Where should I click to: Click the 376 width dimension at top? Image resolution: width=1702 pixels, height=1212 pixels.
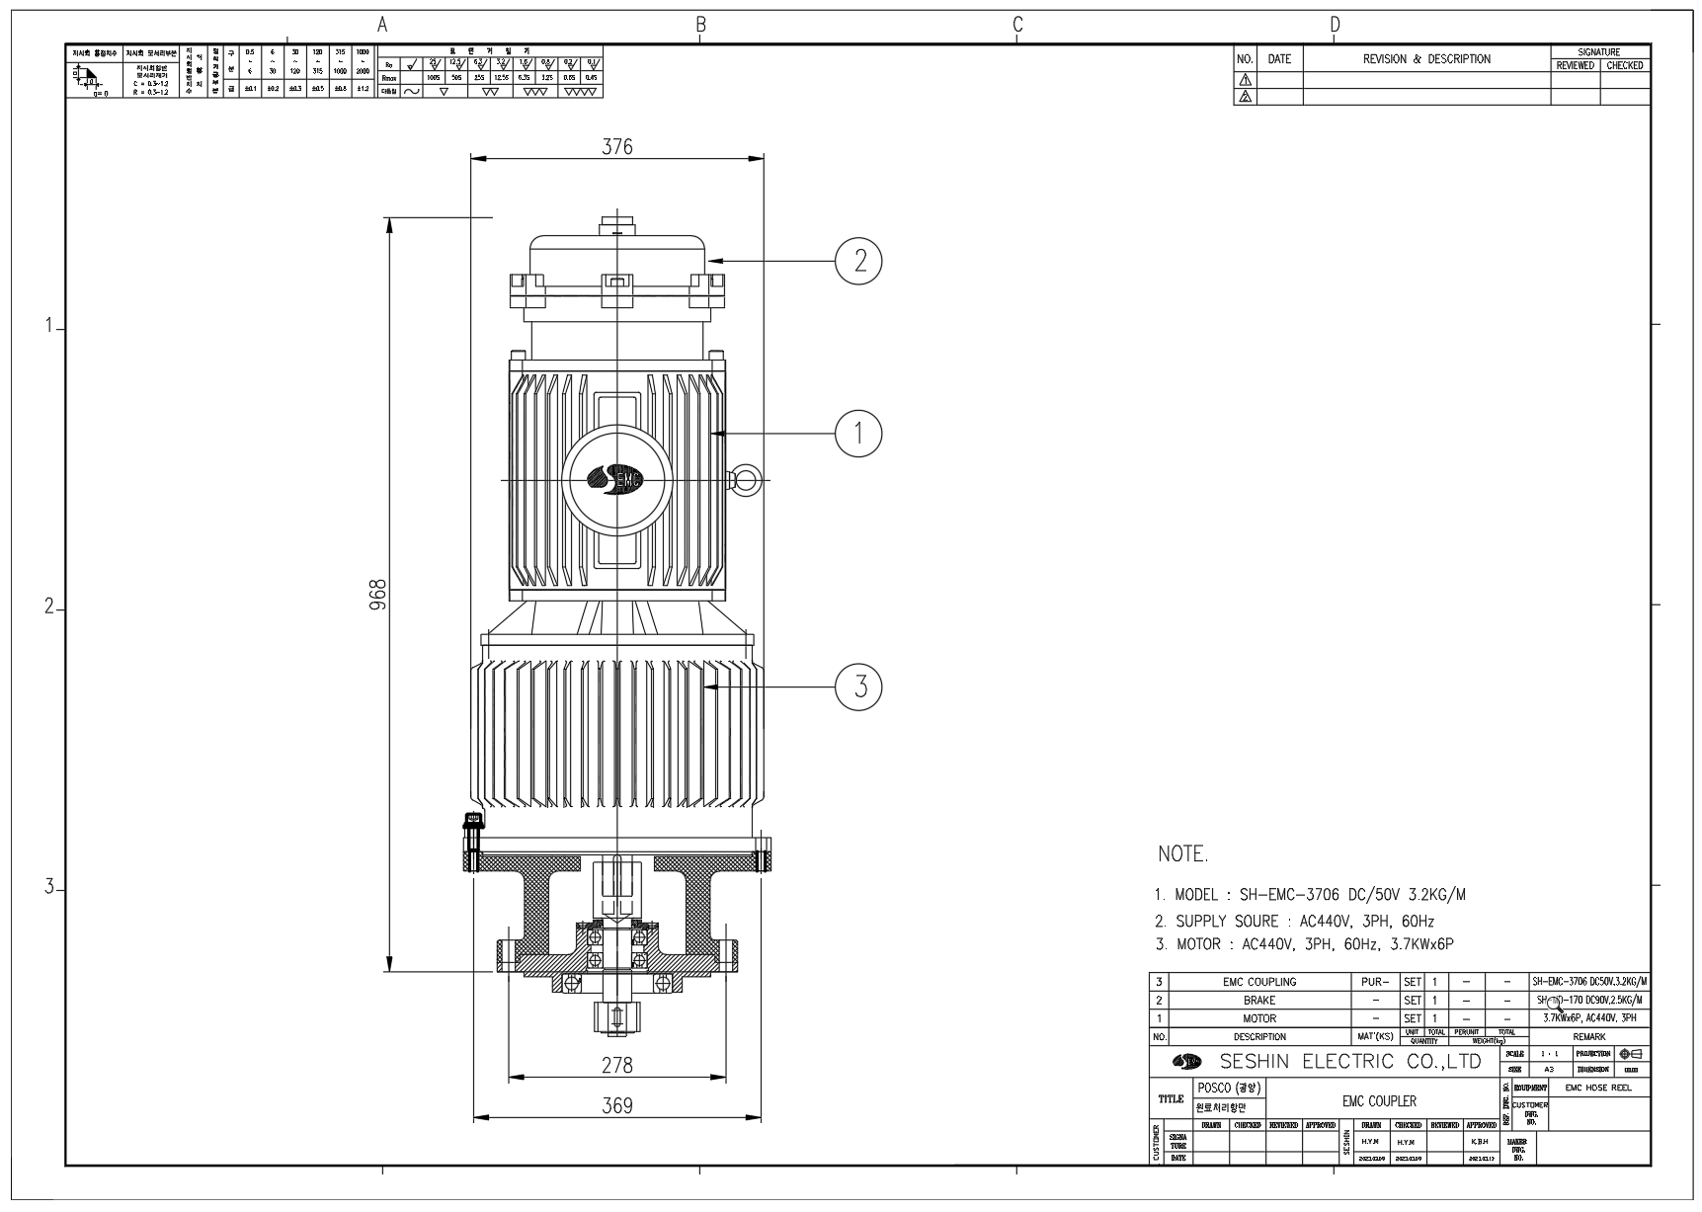tap(617, 146)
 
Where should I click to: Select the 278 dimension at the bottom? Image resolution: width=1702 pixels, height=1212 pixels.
tap(617, 1066)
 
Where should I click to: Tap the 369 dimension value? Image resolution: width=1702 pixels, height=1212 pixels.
tap(617, 1106)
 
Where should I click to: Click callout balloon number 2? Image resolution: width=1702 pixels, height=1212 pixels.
tap(858, 261)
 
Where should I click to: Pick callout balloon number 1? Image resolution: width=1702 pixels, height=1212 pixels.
tap(858, 433)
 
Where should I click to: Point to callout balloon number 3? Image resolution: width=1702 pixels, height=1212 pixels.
tap(858, 686)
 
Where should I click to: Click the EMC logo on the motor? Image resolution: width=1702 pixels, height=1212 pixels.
tap(615, 479)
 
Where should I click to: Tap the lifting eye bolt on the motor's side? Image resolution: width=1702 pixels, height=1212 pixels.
tap(744, 480)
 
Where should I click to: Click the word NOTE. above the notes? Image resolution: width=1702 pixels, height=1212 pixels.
tap(1182, 854)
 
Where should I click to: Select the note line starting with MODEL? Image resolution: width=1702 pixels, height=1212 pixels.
tap(1310, 895)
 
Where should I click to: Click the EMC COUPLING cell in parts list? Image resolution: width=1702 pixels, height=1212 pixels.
tap(1258, 982)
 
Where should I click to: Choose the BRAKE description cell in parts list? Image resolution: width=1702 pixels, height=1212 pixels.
tap(1258, 1000)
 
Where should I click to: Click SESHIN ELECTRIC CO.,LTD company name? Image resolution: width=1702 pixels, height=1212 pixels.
tap(1351, 1062)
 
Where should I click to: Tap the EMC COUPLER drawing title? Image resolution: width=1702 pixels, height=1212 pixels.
tap(1379, 1100)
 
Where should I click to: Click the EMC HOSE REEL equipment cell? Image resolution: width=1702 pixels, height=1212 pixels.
tap(1598, 1088)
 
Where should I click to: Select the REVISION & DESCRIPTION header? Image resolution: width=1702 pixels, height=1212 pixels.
tap(1426, 59)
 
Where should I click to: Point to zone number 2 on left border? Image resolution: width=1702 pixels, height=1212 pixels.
tap(47, 607)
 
